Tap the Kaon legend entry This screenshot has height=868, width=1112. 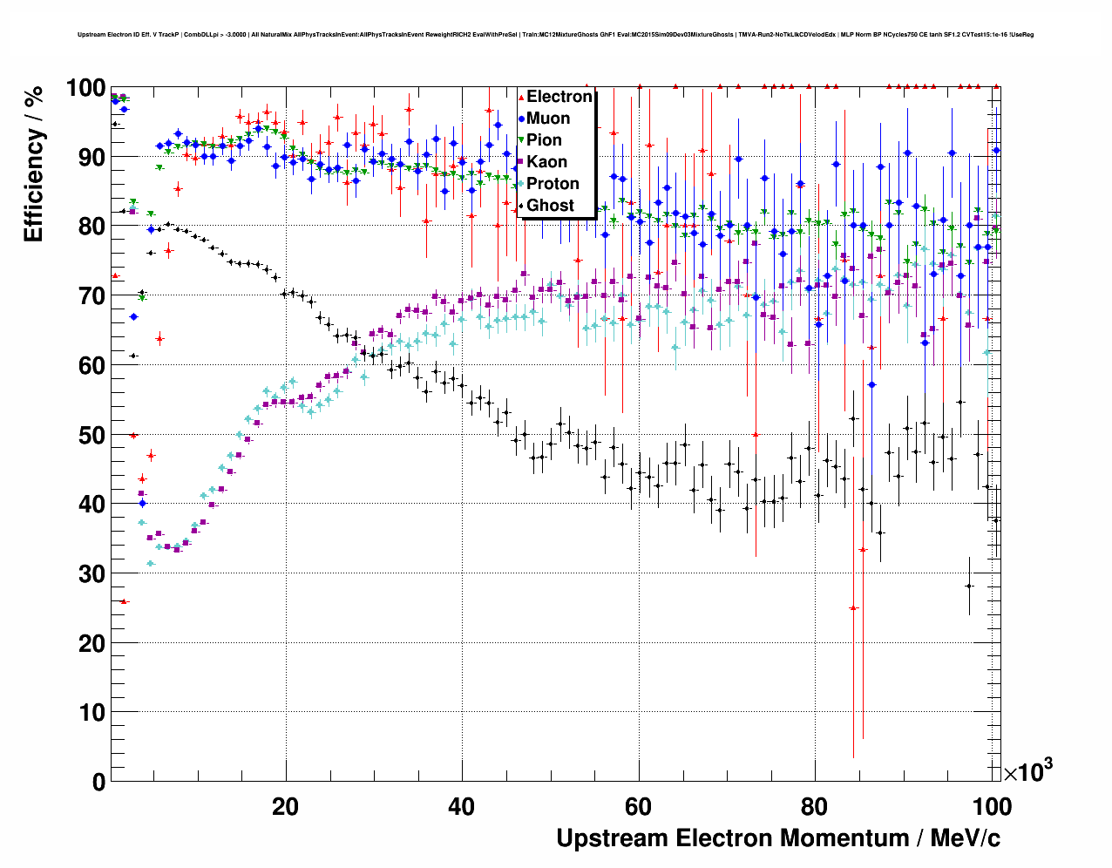point(546,162)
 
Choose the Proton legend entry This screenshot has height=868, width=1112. point(553,184)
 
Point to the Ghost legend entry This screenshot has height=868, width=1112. point(550,206)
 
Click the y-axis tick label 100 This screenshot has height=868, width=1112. point(85,88)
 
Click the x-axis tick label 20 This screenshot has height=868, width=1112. point(285,806)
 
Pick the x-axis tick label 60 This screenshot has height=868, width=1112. point(638,806)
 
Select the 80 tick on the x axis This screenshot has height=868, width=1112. point(815,806)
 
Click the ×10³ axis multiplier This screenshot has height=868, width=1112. point(1027,771)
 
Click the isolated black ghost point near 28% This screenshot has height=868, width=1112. point(969,586)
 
